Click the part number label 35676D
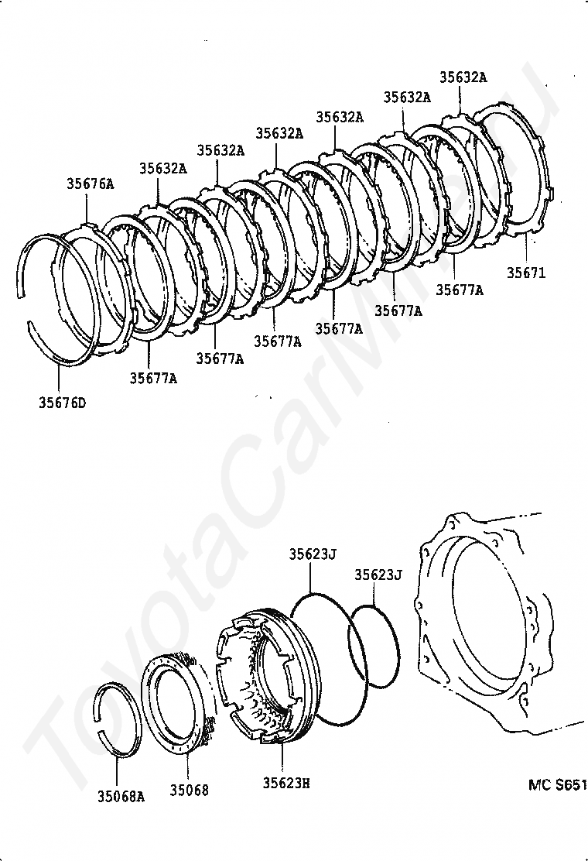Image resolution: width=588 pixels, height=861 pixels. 62,402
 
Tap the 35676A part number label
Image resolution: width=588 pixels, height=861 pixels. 89,184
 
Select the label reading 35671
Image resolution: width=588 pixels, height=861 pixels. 527,273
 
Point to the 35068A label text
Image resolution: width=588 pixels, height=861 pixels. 121,795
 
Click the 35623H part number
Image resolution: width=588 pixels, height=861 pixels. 285,783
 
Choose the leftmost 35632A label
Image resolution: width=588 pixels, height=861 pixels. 163,168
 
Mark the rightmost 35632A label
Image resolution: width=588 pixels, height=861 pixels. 463,77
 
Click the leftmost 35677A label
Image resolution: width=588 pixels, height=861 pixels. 152,378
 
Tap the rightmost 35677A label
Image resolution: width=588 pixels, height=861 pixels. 460,290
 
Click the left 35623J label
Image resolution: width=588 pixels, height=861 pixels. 313,554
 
